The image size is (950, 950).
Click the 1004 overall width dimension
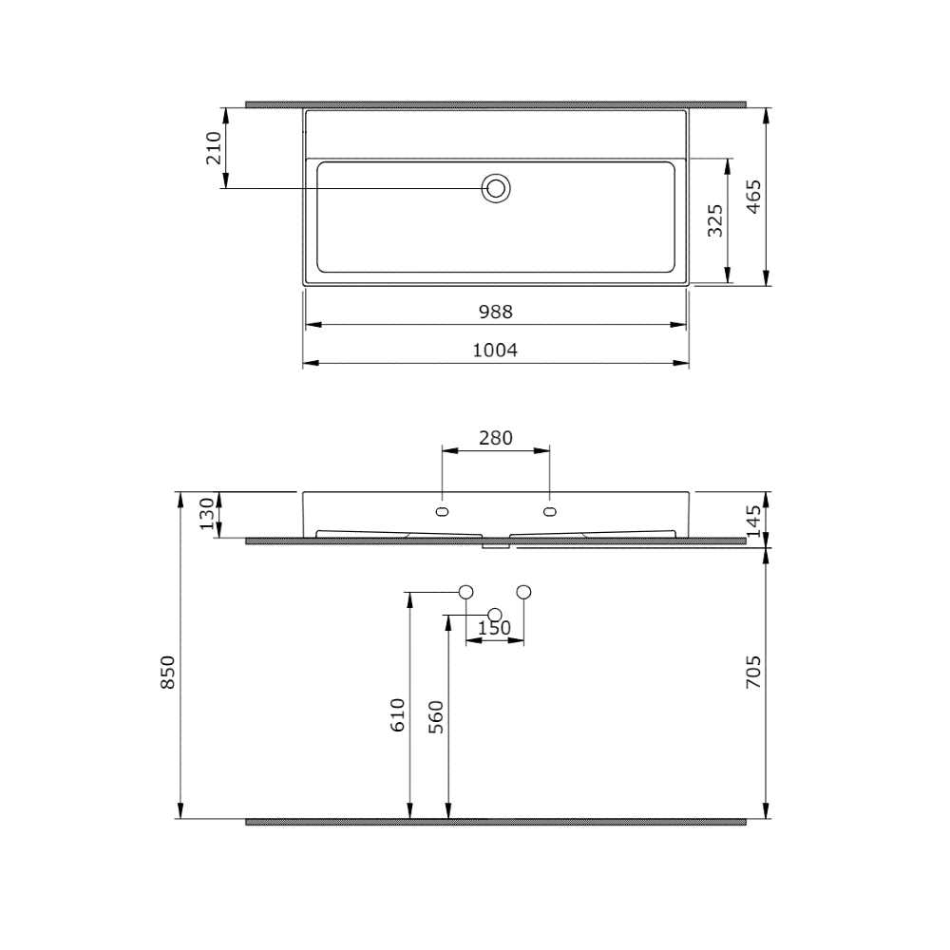[495, 351]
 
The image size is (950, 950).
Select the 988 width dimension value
[495, 312]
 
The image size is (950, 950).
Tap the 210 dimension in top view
[214, 148]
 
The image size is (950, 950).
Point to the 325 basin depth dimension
[716, 219]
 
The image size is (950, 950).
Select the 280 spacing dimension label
[495, 438]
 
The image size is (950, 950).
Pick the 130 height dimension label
[206, 515]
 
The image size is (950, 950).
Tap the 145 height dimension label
[753, 521]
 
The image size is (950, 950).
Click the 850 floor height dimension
[167, 672]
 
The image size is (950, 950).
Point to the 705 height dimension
[753, 672]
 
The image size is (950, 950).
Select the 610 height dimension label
[398, 713]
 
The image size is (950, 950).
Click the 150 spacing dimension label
[494, 628]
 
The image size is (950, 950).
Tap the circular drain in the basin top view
[495, 188]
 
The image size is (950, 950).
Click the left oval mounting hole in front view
[441, 512]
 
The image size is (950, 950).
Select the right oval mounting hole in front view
[549, 512]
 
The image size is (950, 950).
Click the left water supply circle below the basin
[465, 592]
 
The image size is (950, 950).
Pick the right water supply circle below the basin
[523, 592]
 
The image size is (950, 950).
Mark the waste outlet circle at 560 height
[494, 614]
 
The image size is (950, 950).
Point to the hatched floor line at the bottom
[495, 822]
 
